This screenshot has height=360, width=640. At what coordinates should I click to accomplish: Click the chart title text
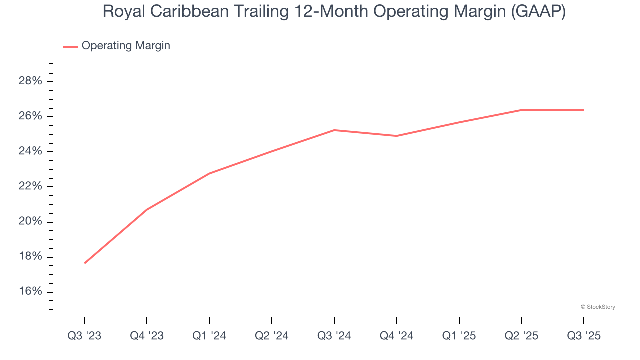[x=334, y=12]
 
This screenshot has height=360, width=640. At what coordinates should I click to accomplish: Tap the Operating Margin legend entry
[x=125, y=46]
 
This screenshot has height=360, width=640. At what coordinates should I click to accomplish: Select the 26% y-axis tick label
[x=30, y=116]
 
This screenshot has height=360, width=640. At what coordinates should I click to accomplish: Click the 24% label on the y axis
[x=30, y=151]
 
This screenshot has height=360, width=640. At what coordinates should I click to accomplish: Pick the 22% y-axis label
[x=30, y=186]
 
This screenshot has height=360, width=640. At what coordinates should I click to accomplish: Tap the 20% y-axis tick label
[x=30, y=221]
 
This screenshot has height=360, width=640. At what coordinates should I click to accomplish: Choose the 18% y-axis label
[x=30, y=257]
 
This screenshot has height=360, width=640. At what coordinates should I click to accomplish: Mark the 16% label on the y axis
[x=30, y=292]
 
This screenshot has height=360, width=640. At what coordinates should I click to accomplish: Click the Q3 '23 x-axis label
[x=84, y=336]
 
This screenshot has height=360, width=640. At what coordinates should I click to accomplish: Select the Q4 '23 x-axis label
[x=147, y=336]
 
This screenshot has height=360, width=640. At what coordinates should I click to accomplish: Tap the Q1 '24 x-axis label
[x=209, y=336]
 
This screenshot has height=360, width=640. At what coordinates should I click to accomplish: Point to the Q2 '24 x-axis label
[x=272, y=336]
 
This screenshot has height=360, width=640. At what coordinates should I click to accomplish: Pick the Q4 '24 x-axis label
[x=397, y=336]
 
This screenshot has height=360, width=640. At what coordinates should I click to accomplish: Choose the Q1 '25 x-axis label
[x=459, y=336]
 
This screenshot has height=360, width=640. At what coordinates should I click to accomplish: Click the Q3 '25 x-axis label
[x=584, y=336]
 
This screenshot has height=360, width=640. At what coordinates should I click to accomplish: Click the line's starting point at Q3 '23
[x=84, y=263]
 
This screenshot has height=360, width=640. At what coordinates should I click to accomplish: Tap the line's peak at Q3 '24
[x=334, y=130]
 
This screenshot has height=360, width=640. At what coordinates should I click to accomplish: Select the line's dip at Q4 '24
[x=397, y=136]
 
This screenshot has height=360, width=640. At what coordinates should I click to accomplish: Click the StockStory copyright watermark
[x=598, y=307]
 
